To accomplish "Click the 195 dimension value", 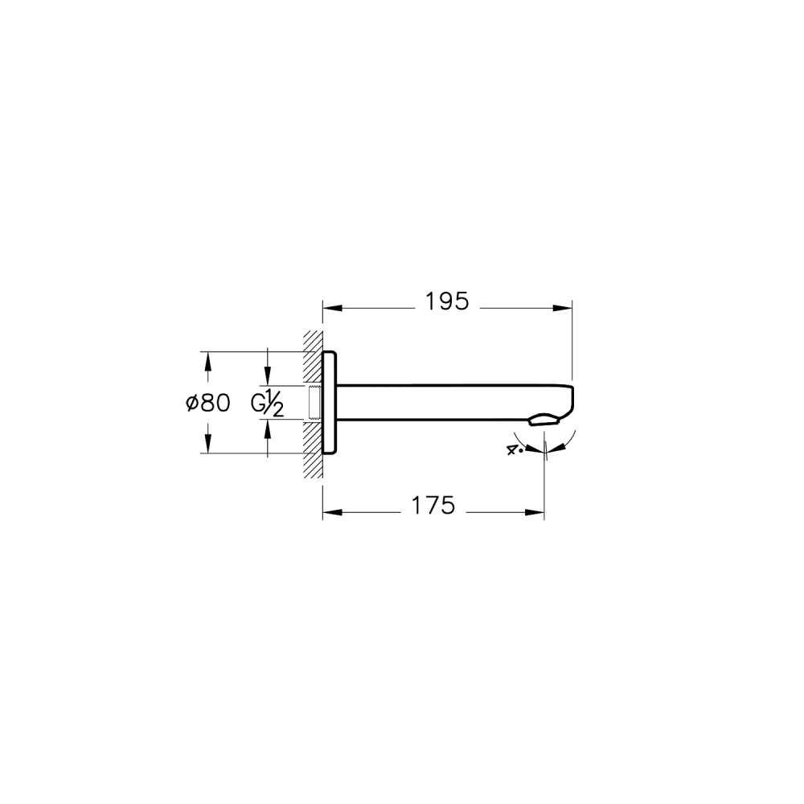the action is (447, 302).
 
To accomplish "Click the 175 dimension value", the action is (433, 506).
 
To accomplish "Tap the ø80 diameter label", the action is (208, 403).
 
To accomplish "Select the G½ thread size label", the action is (267, 404).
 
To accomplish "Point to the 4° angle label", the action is (515, 449).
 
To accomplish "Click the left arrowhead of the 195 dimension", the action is (332, 308).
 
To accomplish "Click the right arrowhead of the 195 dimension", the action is (563, 308).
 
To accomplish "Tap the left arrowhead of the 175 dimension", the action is (332, 512).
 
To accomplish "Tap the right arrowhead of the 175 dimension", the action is (535, 512).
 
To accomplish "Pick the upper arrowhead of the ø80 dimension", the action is (207, 361).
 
